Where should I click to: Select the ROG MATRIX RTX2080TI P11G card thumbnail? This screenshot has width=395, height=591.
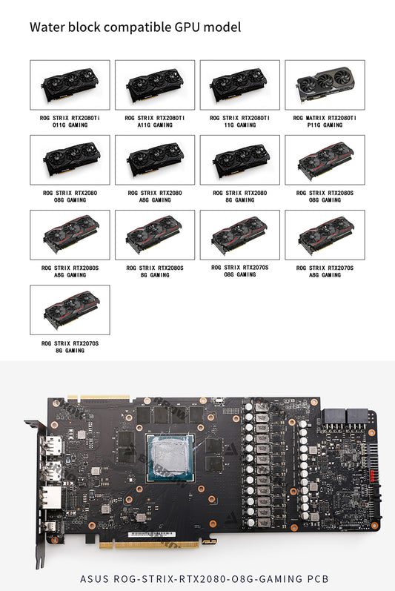tap(325, 85)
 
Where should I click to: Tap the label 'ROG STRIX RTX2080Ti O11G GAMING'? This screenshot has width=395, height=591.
tap(70, 122)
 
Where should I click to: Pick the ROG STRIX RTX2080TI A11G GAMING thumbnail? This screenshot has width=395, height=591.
tap(155, 85)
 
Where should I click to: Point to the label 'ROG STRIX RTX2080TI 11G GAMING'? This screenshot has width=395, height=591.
tap(240, 122)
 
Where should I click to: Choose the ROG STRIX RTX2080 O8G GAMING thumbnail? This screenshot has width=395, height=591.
tap(70, 160)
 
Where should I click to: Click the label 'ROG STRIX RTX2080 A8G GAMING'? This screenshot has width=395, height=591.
tap(155, 197)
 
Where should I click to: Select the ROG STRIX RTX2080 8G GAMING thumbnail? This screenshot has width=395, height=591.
tap(240, 160)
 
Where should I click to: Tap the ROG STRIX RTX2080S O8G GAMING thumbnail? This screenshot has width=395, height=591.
tap(325, 160)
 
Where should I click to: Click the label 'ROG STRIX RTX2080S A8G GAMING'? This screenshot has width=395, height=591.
tap(70, 271)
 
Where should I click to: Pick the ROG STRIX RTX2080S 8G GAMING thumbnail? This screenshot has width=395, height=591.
tap(155, 235)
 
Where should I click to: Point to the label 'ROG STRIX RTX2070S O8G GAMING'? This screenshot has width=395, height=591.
tap(240, 271)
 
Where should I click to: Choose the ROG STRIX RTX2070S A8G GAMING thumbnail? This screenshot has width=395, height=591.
tap(325, 235)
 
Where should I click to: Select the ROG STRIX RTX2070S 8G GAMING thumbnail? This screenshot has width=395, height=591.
tap(70, 310)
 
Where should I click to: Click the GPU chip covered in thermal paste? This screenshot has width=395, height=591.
tap(170, 458)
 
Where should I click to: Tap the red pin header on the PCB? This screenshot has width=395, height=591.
tap(373, 476)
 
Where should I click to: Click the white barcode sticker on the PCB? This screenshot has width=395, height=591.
tap(152, 534)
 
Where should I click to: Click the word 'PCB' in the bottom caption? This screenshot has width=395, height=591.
tap(318, 578)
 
